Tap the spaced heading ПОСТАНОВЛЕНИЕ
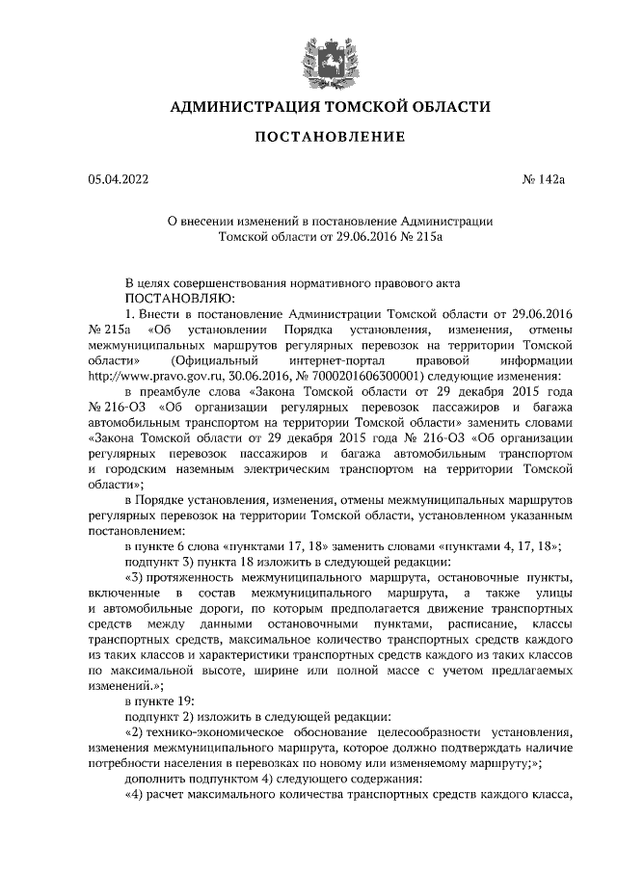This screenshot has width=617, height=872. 329,138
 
